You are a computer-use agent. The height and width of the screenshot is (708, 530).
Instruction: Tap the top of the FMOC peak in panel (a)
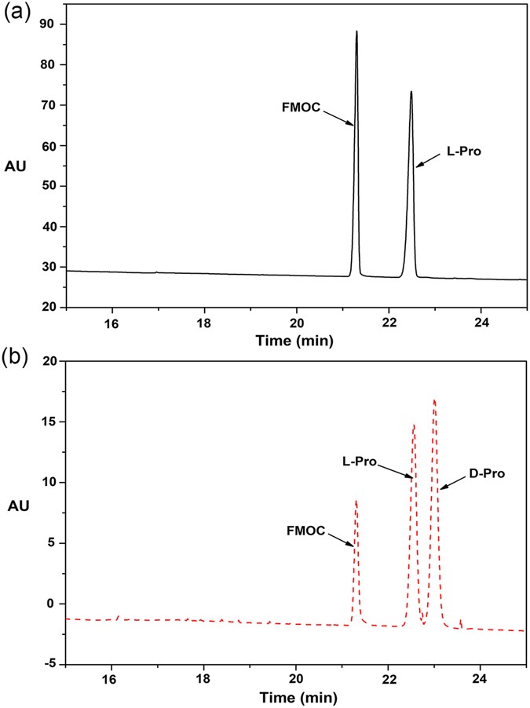click(x=356, y=31)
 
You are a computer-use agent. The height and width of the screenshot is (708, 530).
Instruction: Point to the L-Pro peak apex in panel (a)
click(x=411, y=92)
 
